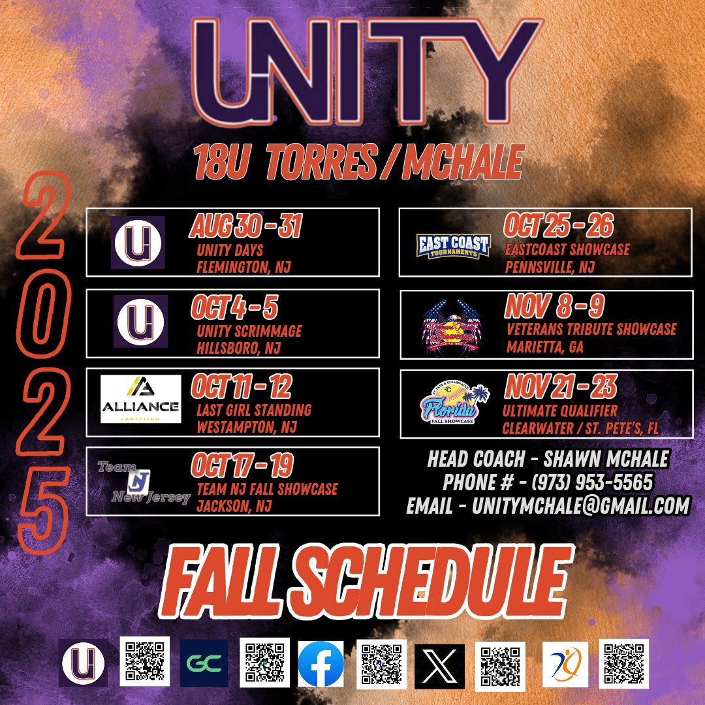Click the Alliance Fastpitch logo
point(140,399)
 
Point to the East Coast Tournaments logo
point(452,245)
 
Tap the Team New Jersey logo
point(140,482)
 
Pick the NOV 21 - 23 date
point(560,388)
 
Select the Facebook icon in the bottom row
point(321,664)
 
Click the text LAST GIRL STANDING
point(254,411)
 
